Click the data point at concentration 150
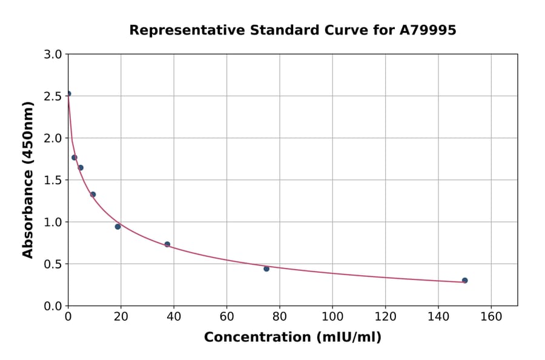click(464, 281)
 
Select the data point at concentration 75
click(266, 268)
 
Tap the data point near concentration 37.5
click(167, 244)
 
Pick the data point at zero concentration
click(68, 94)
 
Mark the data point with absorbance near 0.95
click(118, 227)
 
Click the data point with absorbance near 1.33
click(93, 195)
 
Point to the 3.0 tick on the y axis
click(53, 55)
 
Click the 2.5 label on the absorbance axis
click(53, 96)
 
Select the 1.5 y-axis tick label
click(53, 180)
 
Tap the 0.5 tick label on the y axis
click(53, 264)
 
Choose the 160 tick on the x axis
click(491, 316)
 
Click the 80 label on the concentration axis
click(280, 316)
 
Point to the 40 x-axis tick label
click(174, 316)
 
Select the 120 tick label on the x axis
click(385, 316)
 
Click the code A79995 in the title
click(428, 30)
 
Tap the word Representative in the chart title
click(179, 30)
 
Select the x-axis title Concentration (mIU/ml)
click(292, 337)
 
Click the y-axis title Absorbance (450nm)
click(28, 179)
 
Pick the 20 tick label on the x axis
click(121, 316)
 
